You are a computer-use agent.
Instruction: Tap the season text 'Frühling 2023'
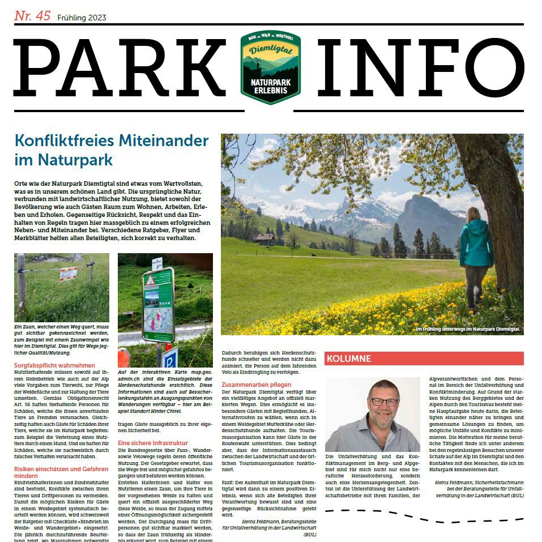click(x=82, y=18)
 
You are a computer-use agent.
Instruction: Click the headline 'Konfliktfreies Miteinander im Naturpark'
click(x=112, y=150)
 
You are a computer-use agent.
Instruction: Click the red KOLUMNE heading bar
click(x=424, y=359)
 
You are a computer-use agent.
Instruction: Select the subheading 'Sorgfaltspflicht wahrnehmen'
click(x=54, y=365)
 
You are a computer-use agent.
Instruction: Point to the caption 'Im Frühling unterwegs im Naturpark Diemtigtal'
click(x=467, y=329)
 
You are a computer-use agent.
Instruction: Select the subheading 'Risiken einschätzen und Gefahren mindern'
click(x=61, y=472)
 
